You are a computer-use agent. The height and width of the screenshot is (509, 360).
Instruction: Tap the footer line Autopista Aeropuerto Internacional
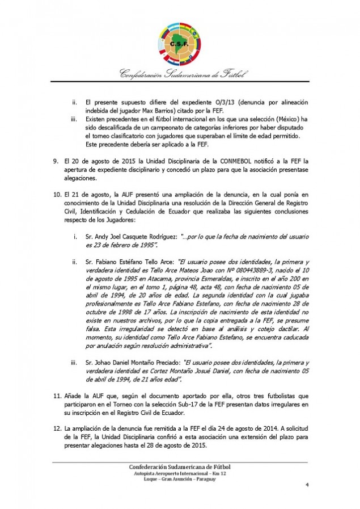[180, 473]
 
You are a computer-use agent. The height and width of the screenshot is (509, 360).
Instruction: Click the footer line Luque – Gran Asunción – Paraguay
[180, 479]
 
